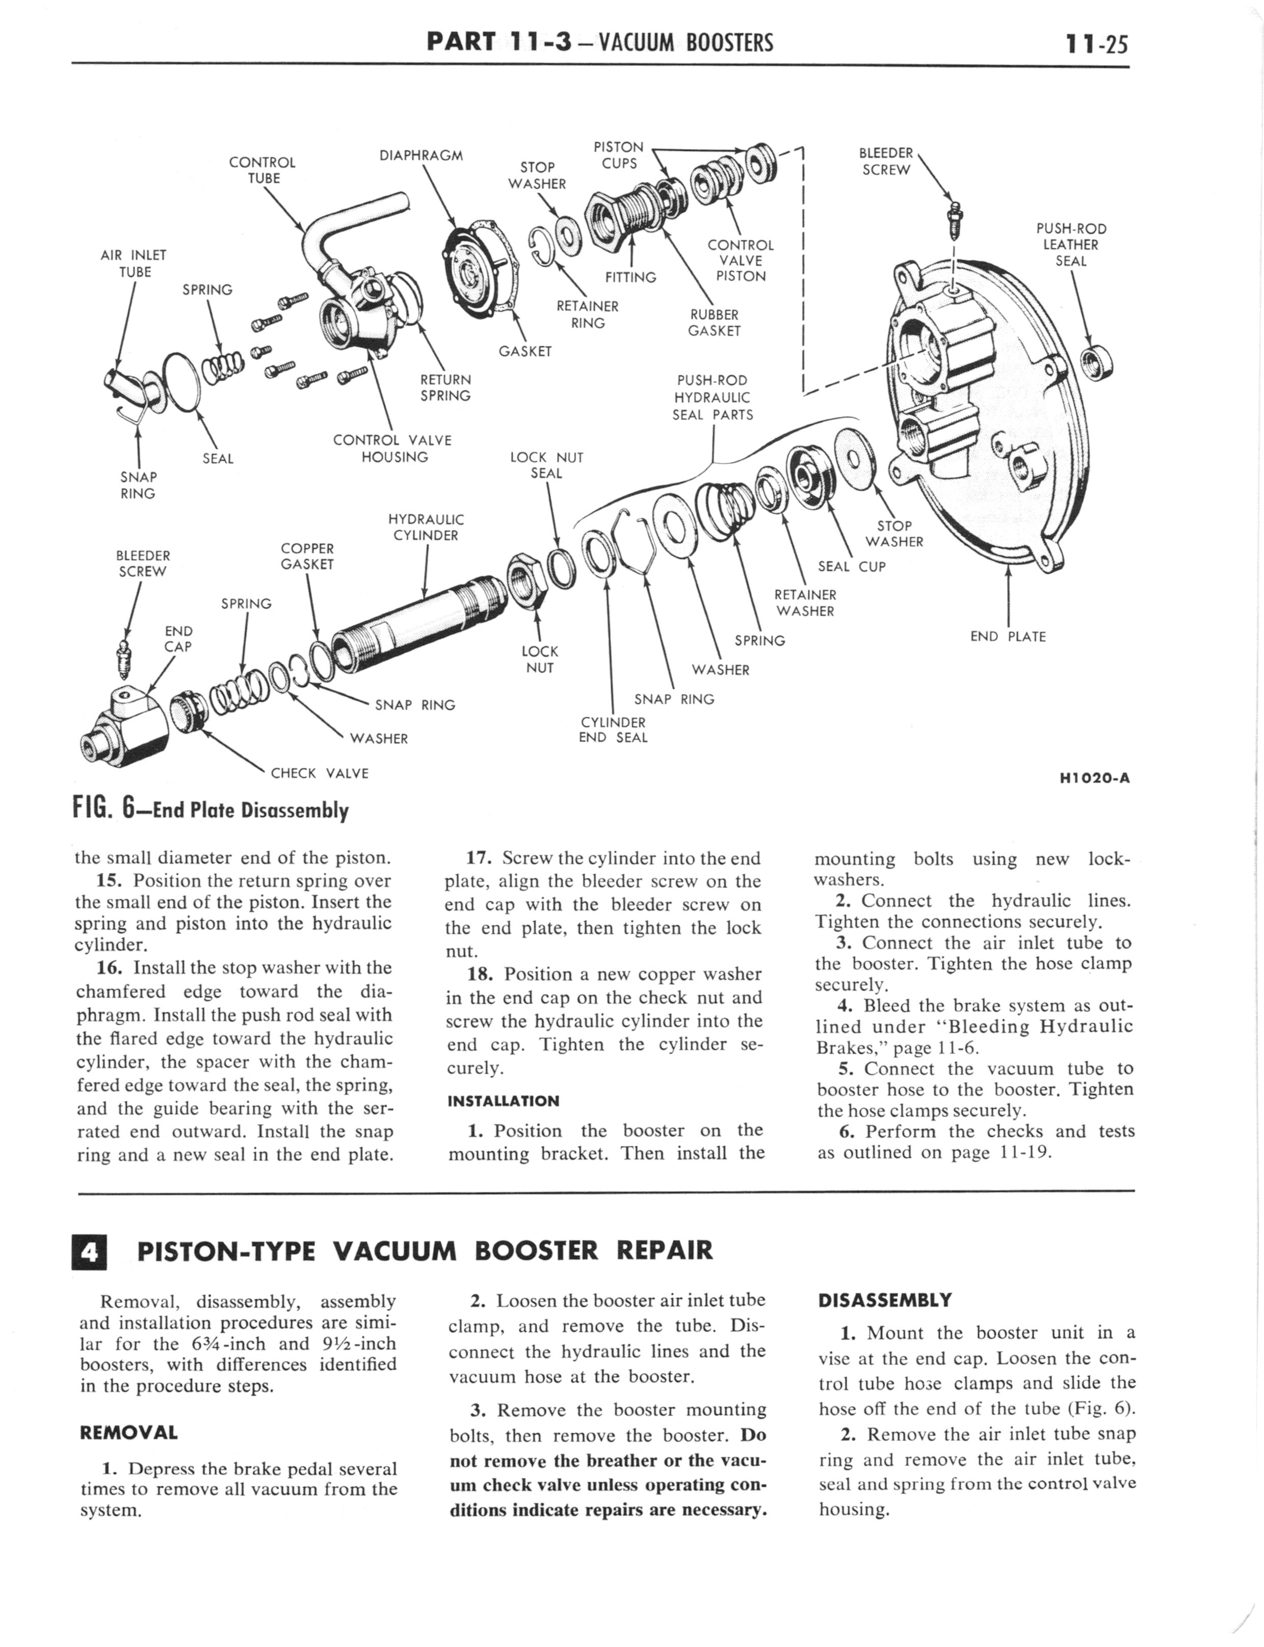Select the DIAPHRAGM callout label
point(422,156)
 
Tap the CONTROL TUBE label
point(262,170)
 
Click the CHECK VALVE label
point(320,773)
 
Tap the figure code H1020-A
point(1094,779)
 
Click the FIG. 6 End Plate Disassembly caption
point(210,809)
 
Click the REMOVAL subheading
point(128,1432)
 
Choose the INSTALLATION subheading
point(504,1101)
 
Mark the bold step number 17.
point(479,858)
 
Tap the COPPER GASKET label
point(307,557)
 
